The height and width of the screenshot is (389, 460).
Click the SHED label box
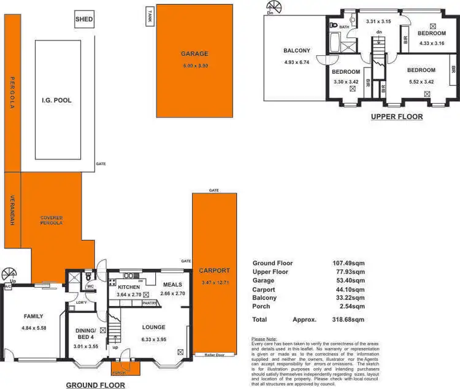tap(84, 20)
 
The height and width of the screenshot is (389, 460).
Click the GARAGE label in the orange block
tap(194, 54)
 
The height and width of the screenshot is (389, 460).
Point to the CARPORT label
tap(214, 271)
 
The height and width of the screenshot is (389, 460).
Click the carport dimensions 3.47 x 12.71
tap(214, 282)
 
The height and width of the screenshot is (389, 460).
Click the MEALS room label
tap(172, 285)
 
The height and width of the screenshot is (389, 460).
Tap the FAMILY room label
tap(33, 317)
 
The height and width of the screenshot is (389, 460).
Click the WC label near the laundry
tap(90, 285)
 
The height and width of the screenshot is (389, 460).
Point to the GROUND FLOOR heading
tap(95, 385)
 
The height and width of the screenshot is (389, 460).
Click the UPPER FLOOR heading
tap(397, 116)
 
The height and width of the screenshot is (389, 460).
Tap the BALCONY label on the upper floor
tap(296, 51)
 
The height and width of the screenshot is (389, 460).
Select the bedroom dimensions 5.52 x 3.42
tap(421, 80)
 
